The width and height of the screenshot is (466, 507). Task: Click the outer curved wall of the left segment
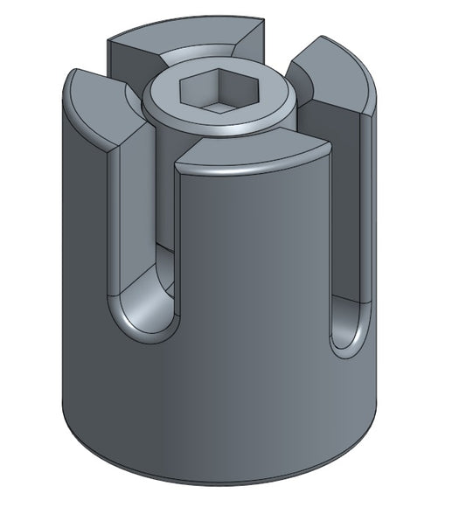87,262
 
